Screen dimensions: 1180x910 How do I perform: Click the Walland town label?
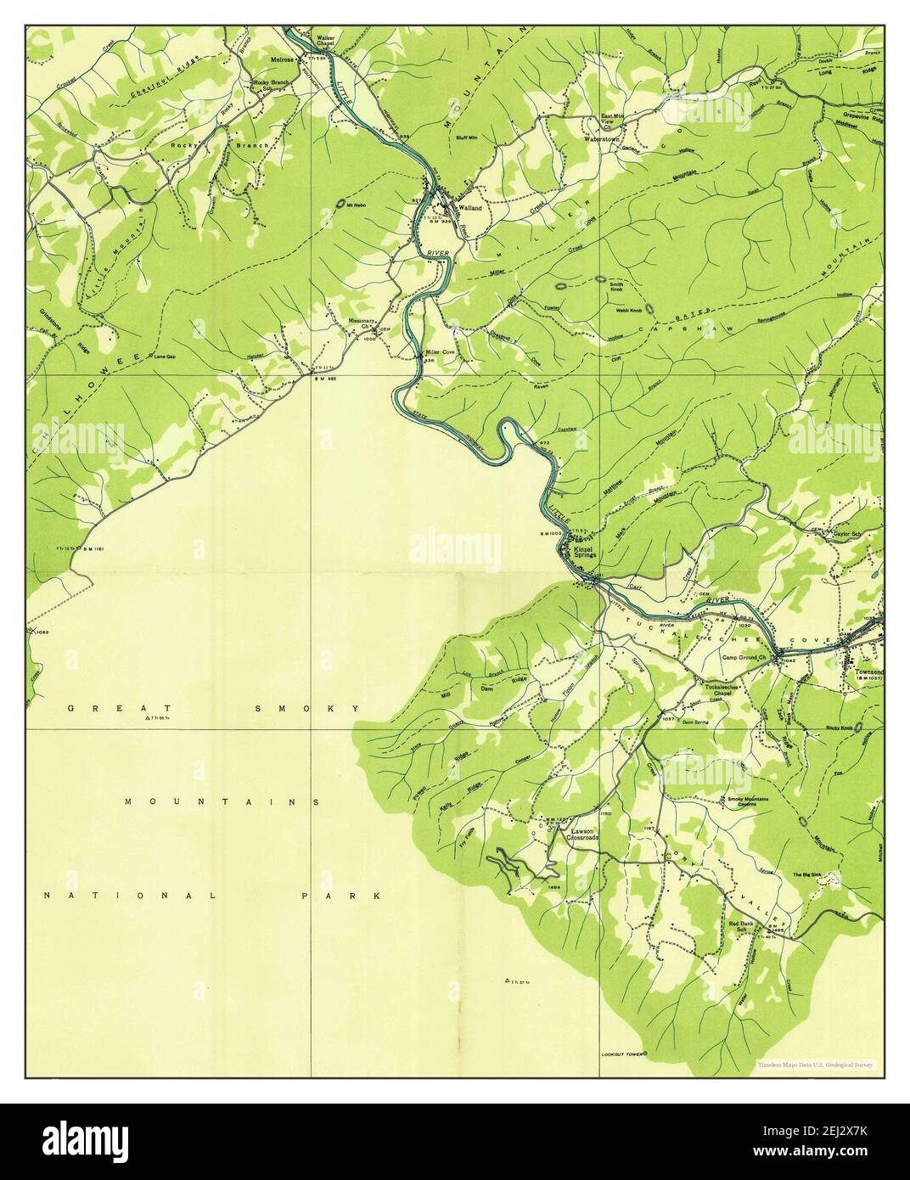coord(469,208)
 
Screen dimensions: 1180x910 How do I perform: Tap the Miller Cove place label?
coord(441,351)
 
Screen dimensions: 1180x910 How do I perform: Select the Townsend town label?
coord(866,668)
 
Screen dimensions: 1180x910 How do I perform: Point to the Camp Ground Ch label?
coord(744,657)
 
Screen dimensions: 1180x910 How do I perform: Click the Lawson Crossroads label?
coord(583,834)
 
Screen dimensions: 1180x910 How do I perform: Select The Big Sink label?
coord(808,875)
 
